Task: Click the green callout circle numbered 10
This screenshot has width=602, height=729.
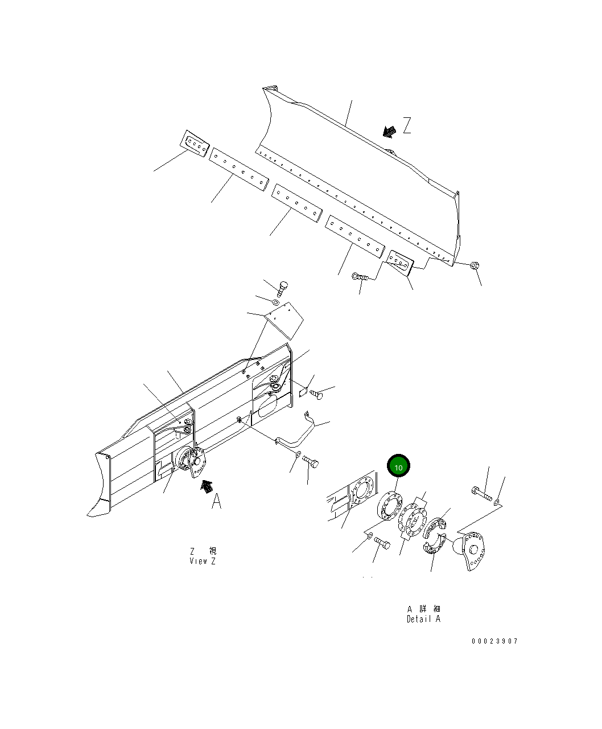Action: (x=398, y=467)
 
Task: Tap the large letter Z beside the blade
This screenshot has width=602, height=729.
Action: (x=407, y=126)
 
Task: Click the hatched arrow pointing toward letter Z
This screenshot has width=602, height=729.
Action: (x=389, y=132)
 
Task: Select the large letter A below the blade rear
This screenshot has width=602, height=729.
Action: (x=216, y=502)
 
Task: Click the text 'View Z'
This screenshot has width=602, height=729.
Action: (x=203, y=561)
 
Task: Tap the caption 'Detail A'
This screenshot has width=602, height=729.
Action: (x=423, y=619)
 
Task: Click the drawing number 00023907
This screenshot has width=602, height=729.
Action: (x=494, y=641)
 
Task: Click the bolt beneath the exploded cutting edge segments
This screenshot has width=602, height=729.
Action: (x=360, y=277)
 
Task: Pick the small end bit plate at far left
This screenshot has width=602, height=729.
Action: (x=195, y=144)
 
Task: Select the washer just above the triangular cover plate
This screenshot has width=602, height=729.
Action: (x=275, y=302)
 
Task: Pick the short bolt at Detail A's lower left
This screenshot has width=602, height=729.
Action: (x=382, y=545)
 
